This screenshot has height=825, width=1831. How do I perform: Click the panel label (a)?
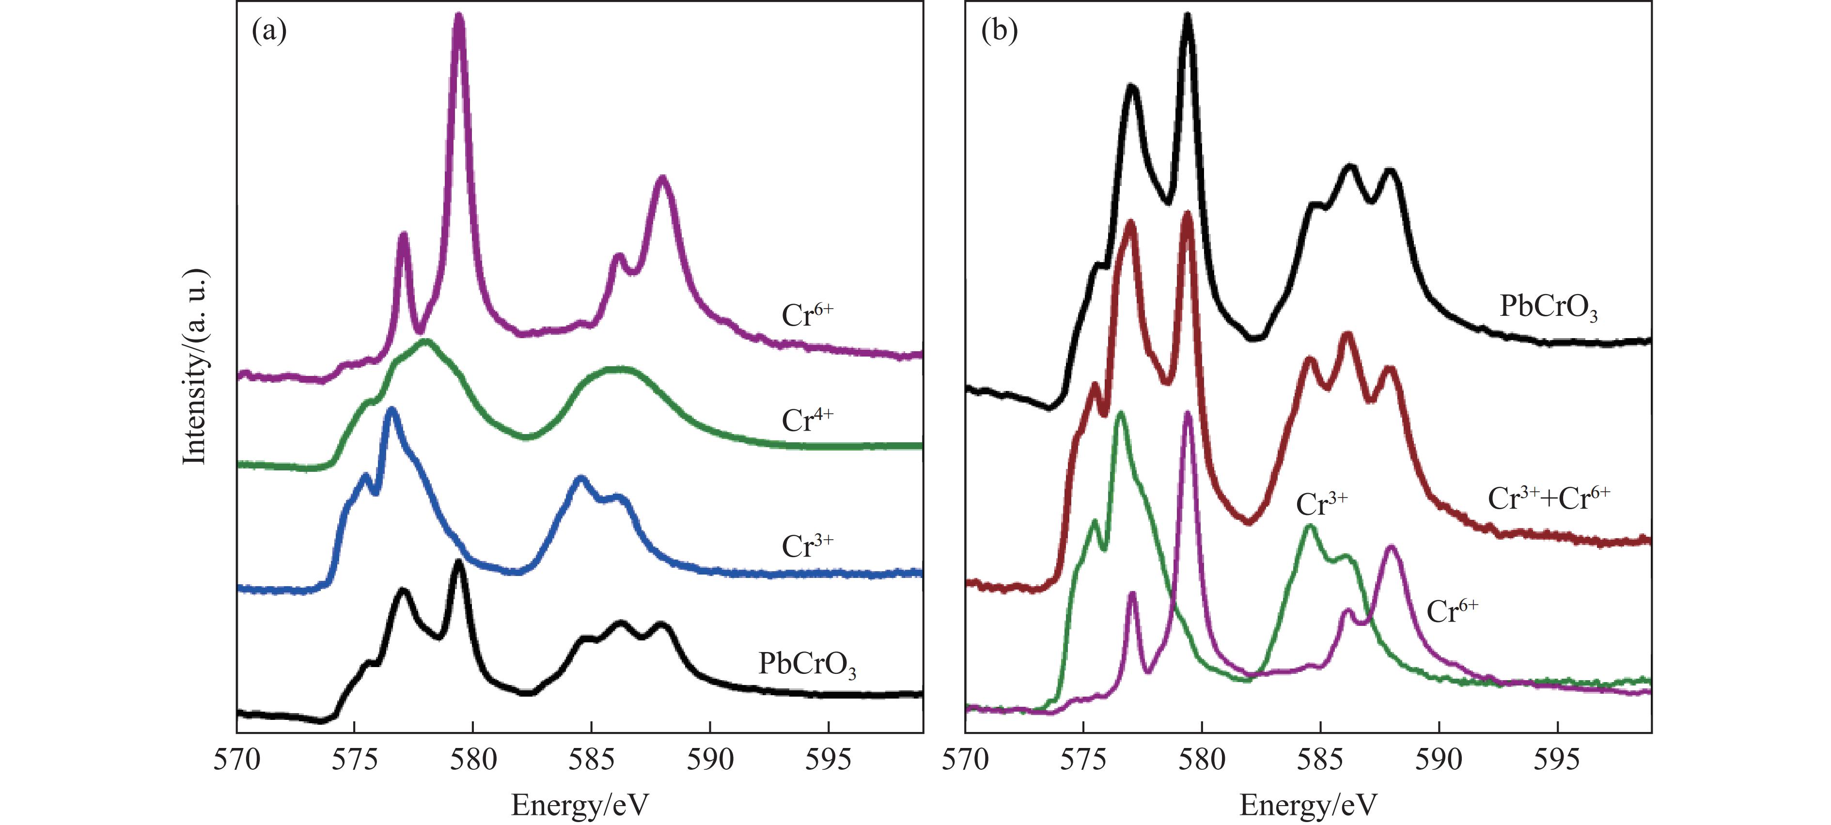click(x=269, y=32)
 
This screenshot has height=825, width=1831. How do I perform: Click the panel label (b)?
click(x=999, y=32)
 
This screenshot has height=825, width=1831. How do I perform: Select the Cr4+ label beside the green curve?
click(x=807, y=420)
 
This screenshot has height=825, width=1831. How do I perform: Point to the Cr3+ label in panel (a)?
click(x=807, y=546)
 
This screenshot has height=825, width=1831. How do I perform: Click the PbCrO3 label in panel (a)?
click(x=807, y=664)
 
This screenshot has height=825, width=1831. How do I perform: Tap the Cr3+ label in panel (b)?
click(x=1321, y=504)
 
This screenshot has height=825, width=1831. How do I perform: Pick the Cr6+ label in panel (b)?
click(x=1452, y=611)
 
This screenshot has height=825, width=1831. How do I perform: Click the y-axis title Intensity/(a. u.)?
click(x=195, y=367)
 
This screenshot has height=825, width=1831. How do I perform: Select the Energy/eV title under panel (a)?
click(x=579, y=805)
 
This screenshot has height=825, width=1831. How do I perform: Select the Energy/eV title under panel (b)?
click(x=1308, y=805)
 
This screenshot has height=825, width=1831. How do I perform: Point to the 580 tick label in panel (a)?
click(x=473, y=760)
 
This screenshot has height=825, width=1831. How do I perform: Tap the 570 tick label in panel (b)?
click(x=965, y=760)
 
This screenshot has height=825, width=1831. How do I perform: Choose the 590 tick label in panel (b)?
click(x=1439, y=760)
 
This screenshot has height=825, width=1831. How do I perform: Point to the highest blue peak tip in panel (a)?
click(x=390, y=410)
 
